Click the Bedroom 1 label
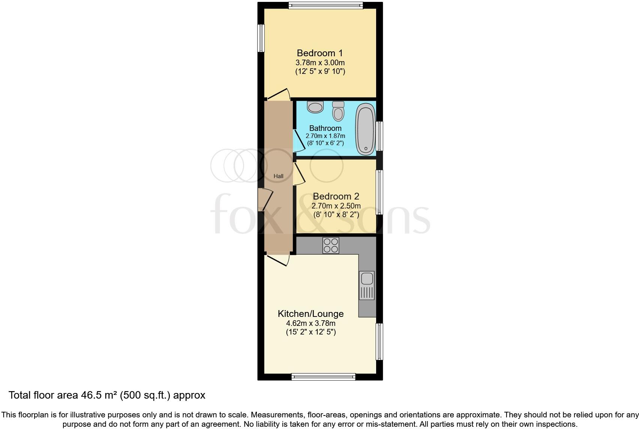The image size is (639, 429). click(319, 53)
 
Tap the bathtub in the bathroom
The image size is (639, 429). click(365, 130)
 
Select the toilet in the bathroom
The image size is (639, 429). click(338, 111)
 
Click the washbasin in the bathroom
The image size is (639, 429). click(315, 107)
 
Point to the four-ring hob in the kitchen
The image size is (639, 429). click(331, 245)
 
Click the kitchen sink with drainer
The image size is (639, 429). click(367, 286)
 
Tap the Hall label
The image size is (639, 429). click(278, 176)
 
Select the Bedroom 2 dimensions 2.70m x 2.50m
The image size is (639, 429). click(336, 206)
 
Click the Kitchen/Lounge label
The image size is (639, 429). click(310, 313)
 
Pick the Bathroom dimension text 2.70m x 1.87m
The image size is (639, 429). click(325, 136)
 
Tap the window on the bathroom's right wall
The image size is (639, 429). click(380, 136)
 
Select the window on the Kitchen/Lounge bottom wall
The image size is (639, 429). click(323, 377)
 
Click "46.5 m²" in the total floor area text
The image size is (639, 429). click(98, 395)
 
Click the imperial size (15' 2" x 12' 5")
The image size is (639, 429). click(310, 332)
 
